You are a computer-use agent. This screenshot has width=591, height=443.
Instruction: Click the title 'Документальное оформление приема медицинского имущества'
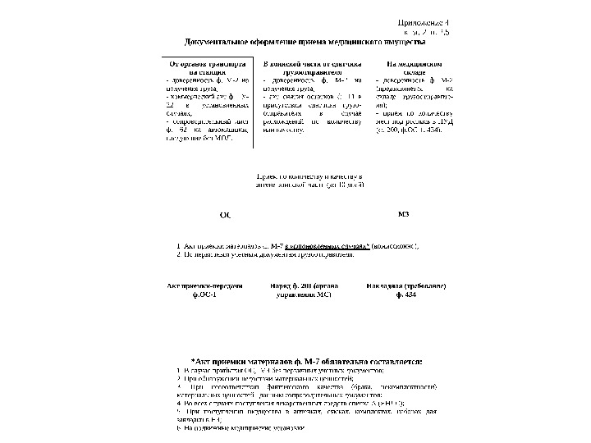point(305,40)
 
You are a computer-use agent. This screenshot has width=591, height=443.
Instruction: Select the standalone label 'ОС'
point(226,215)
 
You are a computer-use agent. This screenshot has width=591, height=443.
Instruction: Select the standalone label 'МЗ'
point(403,214)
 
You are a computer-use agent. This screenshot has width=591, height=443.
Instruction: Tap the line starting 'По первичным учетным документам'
point(266,254)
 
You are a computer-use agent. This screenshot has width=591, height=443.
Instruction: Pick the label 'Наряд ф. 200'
point(299,285)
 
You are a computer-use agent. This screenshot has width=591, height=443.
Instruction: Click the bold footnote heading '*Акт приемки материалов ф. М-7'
point(305,360)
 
